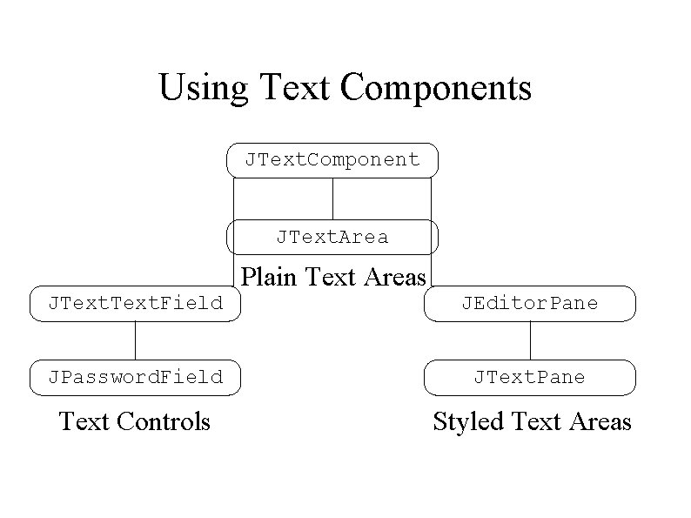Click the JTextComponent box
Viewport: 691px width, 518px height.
click(x=332, y=160)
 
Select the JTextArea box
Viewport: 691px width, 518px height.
click(x=332, y=237)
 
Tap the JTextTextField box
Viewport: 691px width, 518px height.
click(x=135, y=304)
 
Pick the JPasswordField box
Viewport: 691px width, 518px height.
click(x=135, y=378)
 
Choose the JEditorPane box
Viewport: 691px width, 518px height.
click(x=530, y=304)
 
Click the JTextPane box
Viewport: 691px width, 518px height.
click(x=530, y=378)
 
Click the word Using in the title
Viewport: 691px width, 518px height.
click(x=204, y=89)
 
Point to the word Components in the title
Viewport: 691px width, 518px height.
click(x=436, y=89)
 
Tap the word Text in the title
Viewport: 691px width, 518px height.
click(x=294, y=87)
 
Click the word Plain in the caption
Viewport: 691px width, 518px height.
click(x=268, y=277)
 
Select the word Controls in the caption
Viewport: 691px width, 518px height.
click(x=163, y=421)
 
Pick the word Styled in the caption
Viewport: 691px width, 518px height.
click(x=468, y=422)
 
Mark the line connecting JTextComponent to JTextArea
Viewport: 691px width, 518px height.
click(x=332, y=198)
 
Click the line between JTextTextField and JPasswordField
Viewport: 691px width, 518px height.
click(x=135, y=340)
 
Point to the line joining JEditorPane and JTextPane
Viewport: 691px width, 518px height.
click(x=530, y=340)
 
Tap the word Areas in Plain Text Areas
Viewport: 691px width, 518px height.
click(x=395, y=277)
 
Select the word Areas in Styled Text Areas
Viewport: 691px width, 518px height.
click(x=600, y=421)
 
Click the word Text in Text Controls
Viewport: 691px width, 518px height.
click(x=84, y=421)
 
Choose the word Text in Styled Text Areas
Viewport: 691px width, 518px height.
click(x=536, y=421)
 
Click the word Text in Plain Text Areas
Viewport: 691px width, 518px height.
click(x=330, y=277)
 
